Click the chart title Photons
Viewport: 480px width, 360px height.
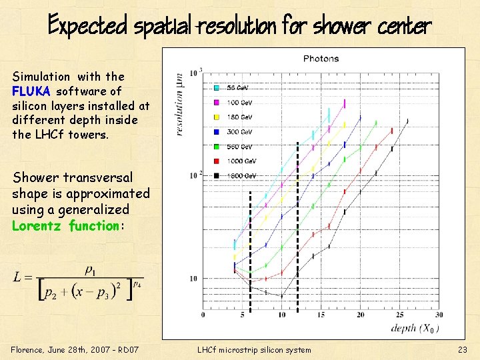321,59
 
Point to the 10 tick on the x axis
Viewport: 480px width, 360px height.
281,315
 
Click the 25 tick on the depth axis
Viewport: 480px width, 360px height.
399,315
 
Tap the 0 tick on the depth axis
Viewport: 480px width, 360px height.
203,315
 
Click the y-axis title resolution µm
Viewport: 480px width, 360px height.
179,104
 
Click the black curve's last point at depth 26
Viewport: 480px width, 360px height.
407,121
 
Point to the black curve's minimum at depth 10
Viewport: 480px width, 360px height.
281,296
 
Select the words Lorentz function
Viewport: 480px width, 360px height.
65,226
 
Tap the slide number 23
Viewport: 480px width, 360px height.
463,350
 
